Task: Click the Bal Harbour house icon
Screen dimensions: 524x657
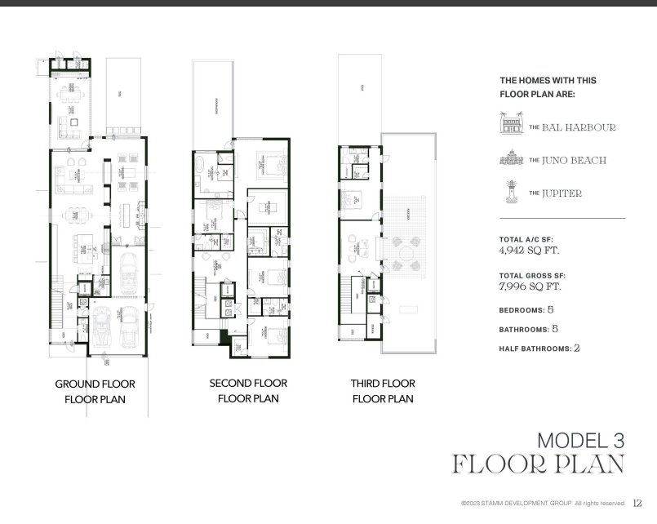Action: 512,126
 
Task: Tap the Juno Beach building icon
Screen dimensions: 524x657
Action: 512,160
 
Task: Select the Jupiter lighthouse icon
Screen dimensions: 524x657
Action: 512,193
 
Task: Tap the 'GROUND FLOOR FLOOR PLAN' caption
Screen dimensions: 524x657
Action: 95,392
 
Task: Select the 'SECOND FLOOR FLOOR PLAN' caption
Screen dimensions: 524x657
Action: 248,391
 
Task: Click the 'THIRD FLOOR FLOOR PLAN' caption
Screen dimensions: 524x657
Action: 383,391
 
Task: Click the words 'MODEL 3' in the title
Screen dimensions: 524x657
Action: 580,440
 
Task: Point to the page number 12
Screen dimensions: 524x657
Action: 638,504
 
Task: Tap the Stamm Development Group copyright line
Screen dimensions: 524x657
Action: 543,504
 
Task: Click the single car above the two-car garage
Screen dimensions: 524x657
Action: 127,273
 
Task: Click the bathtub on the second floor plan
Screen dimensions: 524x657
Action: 200,163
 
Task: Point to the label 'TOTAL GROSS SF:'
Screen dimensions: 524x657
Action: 532,276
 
